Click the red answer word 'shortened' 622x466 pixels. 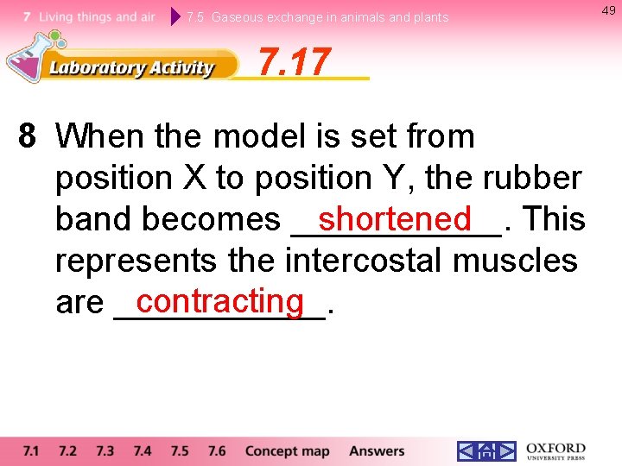click(x=395, y=218)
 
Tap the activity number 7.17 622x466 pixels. click(x=295, y=62)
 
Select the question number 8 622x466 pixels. click(x=28, y=136)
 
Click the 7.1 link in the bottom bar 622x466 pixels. click(x=31, y=450)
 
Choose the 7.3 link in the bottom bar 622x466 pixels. click(x=105, y=450)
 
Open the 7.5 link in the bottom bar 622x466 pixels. click(x=179, y=450)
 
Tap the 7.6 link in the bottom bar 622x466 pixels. click(x=217, y=450)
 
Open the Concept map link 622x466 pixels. click(x=287, y=450)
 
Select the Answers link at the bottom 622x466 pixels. click(x=377, y=450)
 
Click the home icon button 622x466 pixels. click(x=486, y=451)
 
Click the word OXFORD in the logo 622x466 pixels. click(x=555, y=447)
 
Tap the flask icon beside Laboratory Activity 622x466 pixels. click(x=26, y=56)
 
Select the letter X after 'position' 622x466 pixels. click(x=194, y=178)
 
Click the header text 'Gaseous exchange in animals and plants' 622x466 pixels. click(x=330, y=17)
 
